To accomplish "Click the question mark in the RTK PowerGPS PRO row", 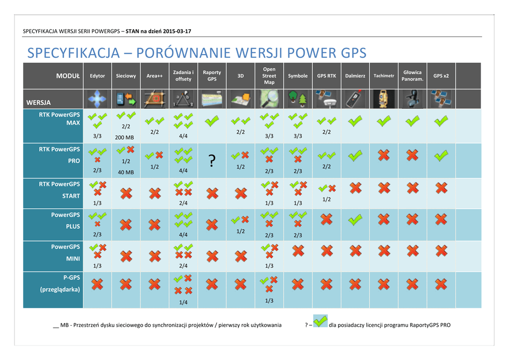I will click(212, 161).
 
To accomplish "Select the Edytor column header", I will click(97, 76).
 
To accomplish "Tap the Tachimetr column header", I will click(384, 76).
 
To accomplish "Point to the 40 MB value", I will click(126, 172).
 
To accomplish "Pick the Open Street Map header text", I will click(269, 76).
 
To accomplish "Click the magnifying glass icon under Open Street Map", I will click(269, 99).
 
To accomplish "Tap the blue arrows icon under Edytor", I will click(97, 99).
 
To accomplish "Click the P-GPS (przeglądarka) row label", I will click(60, 283).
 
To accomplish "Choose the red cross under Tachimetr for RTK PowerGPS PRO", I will click(383, 156).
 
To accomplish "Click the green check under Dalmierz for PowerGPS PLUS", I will click(355, 220).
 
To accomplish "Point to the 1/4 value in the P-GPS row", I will click(183, 302).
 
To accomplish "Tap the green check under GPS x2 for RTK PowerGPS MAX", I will click(441, 121).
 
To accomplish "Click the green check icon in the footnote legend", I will click(320, 322).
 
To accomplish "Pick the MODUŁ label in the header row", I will click(68, 76).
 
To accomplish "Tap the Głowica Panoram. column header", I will click(412, 76).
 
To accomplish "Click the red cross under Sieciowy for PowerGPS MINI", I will click(126, 256).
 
